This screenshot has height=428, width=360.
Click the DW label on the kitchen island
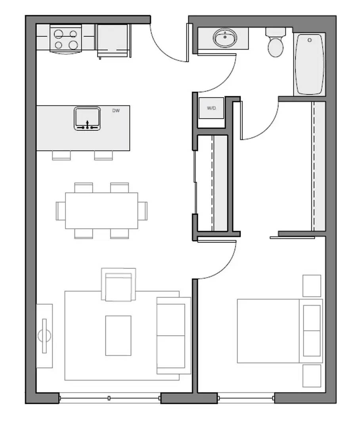coord(116,111)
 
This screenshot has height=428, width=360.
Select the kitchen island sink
coord(87,118)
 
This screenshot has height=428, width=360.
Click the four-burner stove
coord(66,39)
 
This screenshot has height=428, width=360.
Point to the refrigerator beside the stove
coord(113,40)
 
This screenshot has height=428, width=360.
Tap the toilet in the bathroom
coord(276,43)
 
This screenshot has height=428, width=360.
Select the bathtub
coord(309,64)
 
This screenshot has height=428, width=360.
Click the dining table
coord(101,210)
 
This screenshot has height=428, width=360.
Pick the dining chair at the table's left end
coord(60,210)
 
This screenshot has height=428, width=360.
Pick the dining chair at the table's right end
coord(143,210)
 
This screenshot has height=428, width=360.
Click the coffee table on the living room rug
coord(118,335)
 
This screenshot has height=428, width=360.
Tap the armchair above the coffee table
coord(119,285)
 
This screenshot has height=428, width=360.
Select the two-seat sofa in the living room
coord(173,335)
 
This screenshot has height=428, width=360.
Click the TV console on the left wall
coord(44,336)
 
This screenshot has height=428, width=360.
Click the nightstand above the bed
coord(312,286)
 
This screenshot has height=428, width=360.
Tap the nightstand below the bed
coord(312,376)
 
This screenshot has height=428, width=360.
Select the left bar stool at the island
coord(61,155)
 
